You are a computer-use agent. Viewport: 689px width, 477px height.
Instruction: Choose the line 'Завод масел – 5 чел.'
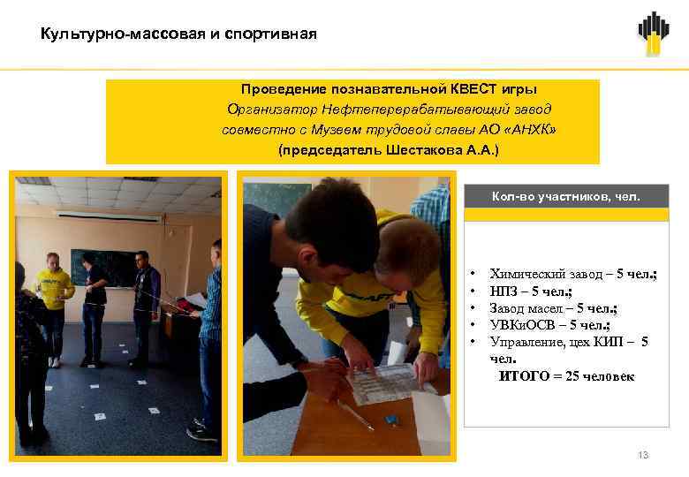click(553, 307)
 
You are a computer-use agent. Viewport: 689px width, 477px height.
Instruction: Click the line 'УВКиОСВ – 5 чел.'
click(549, 324)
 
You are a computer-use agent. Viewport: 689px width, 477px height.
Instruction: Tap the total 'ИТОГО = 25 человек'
click(566, 376)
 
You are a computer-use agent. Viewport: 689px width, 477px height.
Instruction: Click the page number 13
click(643, 455)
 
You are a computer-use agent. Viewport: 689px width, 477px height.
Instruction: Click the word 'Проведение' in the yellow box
click(281, 89)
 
